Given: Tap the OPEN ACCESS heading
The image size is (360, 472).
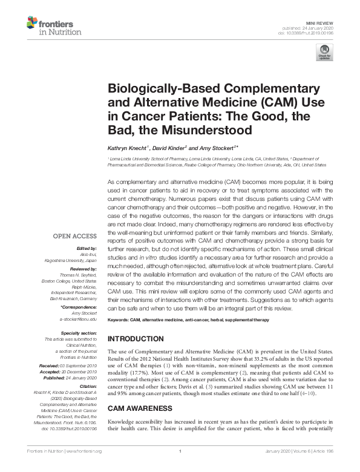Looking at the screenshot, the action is (76, 235).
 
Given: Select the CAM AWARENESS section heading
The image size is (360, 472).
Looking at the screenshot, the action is (139, 392).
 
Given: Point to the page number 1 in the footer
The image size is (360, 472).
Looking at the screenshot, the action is (180, 467).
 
